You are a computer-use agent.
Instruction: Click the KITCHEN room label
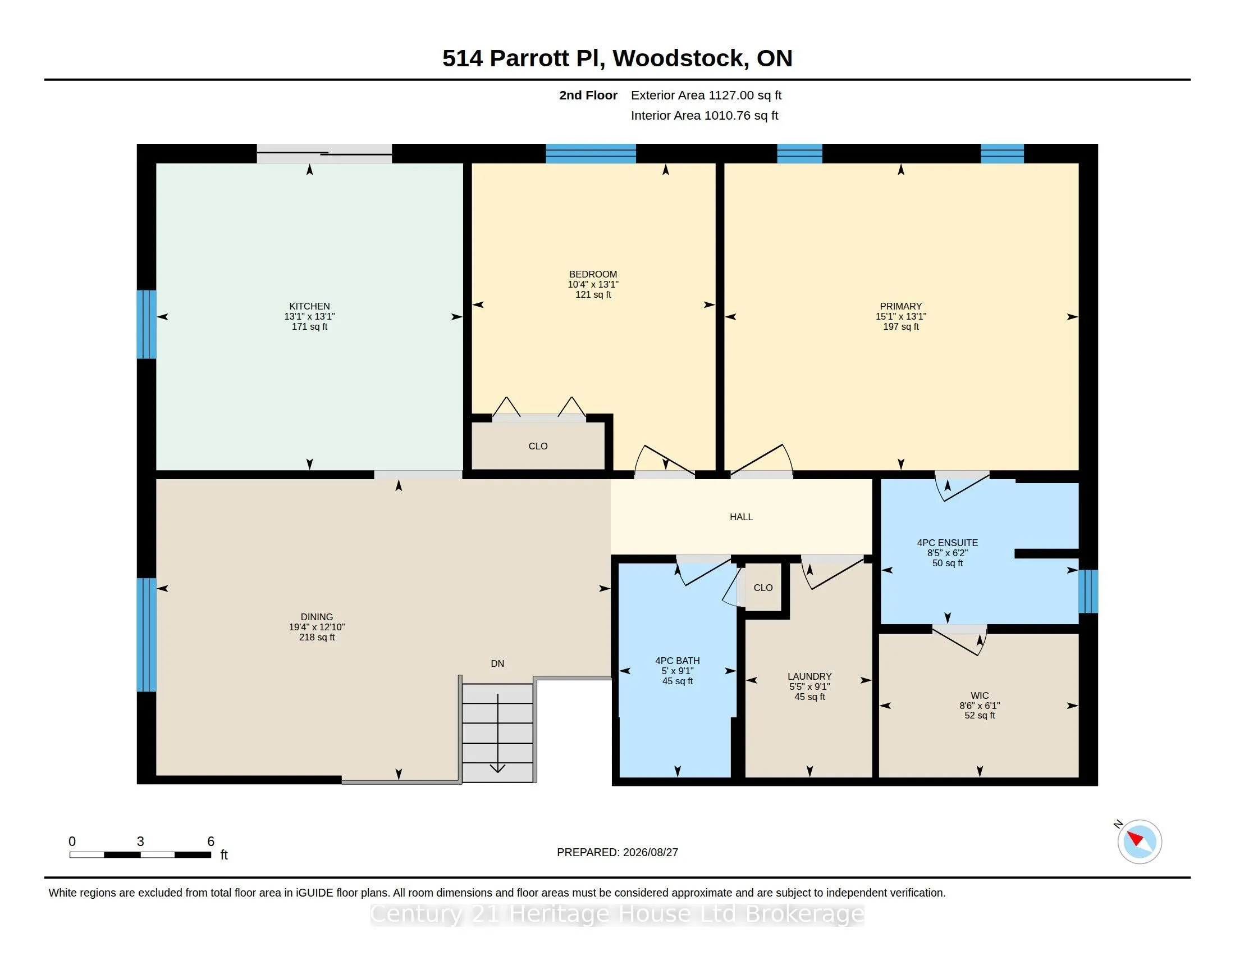(x=309, y=306)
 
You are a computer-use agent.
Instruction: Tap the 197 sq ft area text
(x=901, y=326)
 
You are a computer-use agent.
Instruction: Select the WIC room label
(x=980, y=695)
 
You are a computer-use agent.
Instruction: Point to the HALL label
(x=741, y=516)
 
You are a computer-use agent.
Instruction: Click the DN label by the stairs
(x=497, y=663)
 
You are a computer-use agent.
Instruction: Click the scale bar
(x=140, y=854)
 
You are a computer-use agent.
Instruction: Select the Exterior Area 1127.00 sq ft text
(x=706, y=95)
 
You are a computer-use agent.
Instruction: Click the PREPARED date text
(x=617, y=852)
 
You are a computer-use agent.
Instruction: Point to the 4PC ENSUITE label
(x=947, y=543)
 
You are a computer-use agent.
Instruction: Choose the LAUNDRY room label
(x=809, y=676)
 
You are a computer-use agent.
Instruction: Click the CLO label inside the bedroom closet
(x=538, y=446)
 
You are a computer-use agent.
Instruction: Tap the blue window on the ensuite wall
(x=1088, y=591)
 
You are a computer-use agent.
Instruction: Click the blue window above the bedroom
(x=591, y=153)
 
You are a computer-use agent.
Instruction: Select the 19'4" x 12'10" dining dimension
(x=317, y=627)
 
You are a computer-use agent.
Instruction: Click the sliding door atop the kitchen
(x=324, y=153)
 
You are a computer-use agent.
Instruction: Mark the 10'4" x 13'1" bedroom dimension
(x=593, y=284)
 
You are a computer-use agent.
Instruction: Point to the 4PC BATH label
(x=678, y=660)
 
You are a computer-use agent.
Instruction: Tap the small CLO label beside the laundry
(x=763, y=587)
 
